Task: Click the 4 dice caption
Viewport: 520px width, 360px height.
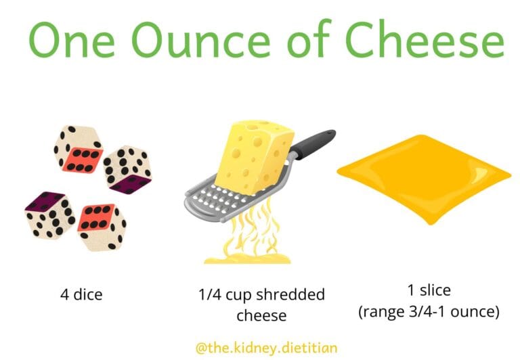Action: [x=81, y=296]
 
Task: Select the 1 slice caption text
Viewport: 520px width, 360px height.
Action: [x=429, y=291]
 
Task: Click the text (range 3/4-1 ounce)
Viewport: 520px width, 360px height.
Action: [x=429, y=312]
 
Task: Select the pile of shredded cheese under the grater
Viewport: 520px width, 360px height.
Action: [x=247, y=254]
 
